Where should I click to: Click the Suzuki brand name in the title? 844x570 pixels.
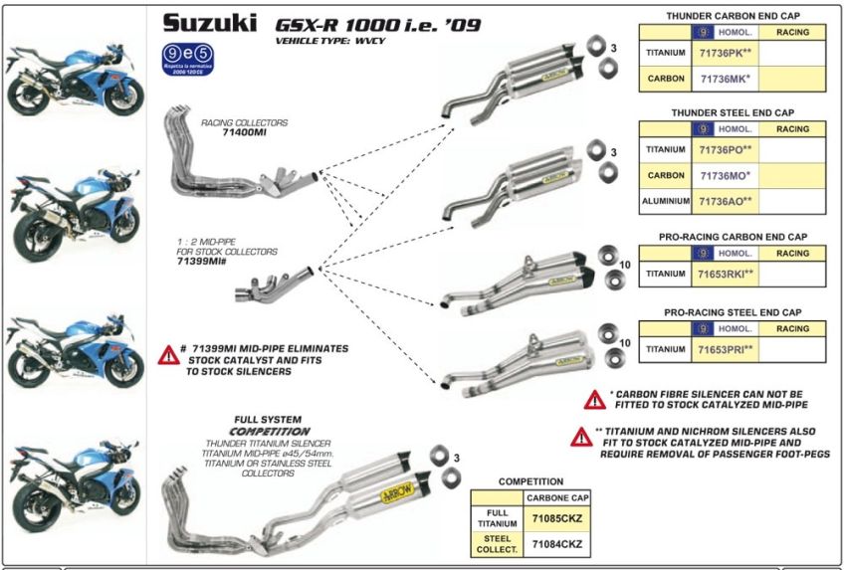[x=207, y=23]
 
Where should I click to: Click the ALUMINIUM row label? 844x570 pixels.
[x=666, y=200]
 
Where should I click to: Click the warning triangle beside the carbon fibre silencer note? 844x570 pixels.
[x=594, y=399]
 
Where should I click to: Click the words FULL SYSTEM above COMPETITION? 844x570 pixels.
[x=267, y=420]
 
